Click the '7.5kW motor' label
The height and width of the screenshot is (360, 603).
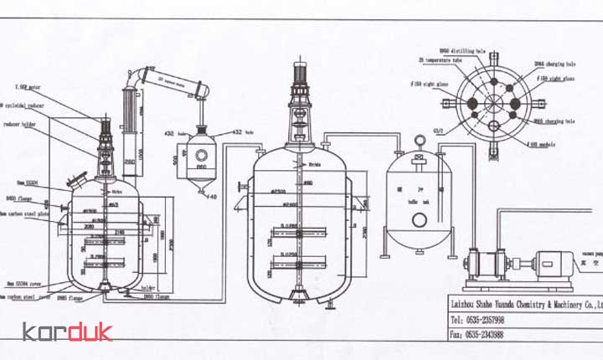click(x=28, y=86)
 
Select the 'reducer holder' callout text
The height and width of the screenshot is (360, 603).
click(x=23, y=124)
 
